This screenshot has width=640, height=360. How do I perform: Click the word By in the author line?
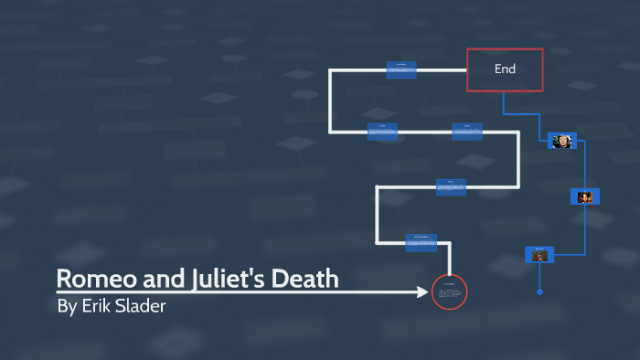click(67, 306)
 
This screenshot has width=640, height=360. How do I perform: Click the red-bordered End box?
click(505, 69)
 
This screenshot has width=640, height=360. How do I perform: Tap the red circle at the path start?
click(449, 292)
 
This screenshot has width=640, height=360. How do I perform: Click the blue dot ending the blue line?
click(539, 292)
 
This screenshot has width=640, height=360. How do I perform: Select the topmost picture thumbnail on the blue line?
click(560, 141)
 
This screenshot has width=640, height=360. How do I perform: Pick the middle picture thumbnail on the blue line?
click(585, 196)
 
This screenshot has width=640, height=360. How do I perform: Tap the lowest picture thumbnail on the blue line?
click(539, 255)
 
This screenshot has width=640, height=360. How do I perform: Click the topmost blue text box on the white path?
click(401, 69)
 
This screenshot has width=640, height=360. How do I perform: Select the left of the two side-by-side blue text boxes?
click(382, 132)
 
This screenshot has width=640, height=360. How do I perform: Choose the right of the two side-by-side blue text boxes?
click(466, 132)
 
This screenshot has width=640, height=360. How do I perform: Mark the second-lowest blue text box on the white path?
click(451, 186)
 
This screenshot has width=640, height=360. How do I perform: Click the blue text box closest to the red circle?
click(421, 242)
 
